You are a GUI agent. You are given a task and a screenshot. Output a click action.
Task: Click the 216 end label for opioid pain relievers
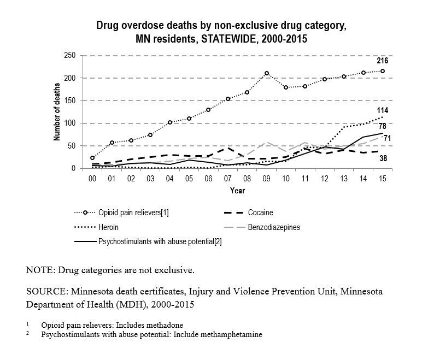pyautogui.click(x=382, y=61)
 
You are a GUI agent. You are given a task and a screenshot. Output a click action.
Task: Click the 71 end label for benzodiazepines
pyautogui.click(x=387, y=138)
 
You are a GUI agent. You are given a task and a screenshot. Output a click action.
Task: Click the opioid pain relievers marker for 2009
pyautogui.click(x=267, y=73)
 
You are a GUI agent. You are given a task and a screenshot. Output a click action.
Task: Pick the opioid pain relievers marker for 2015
pyautogui.click(x=382, y=71)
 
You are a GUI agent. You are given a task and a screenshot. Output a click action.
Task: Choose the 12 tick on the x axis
pyautogui.click(x=325, y=179)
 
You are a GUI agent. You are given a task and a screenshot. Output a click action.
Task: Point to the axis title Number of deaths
pyautogui.click(x=56, y=113)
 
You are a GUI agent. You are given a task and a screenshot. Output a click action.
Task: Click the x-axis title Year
pyautogui.click(x=237, y=191)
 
